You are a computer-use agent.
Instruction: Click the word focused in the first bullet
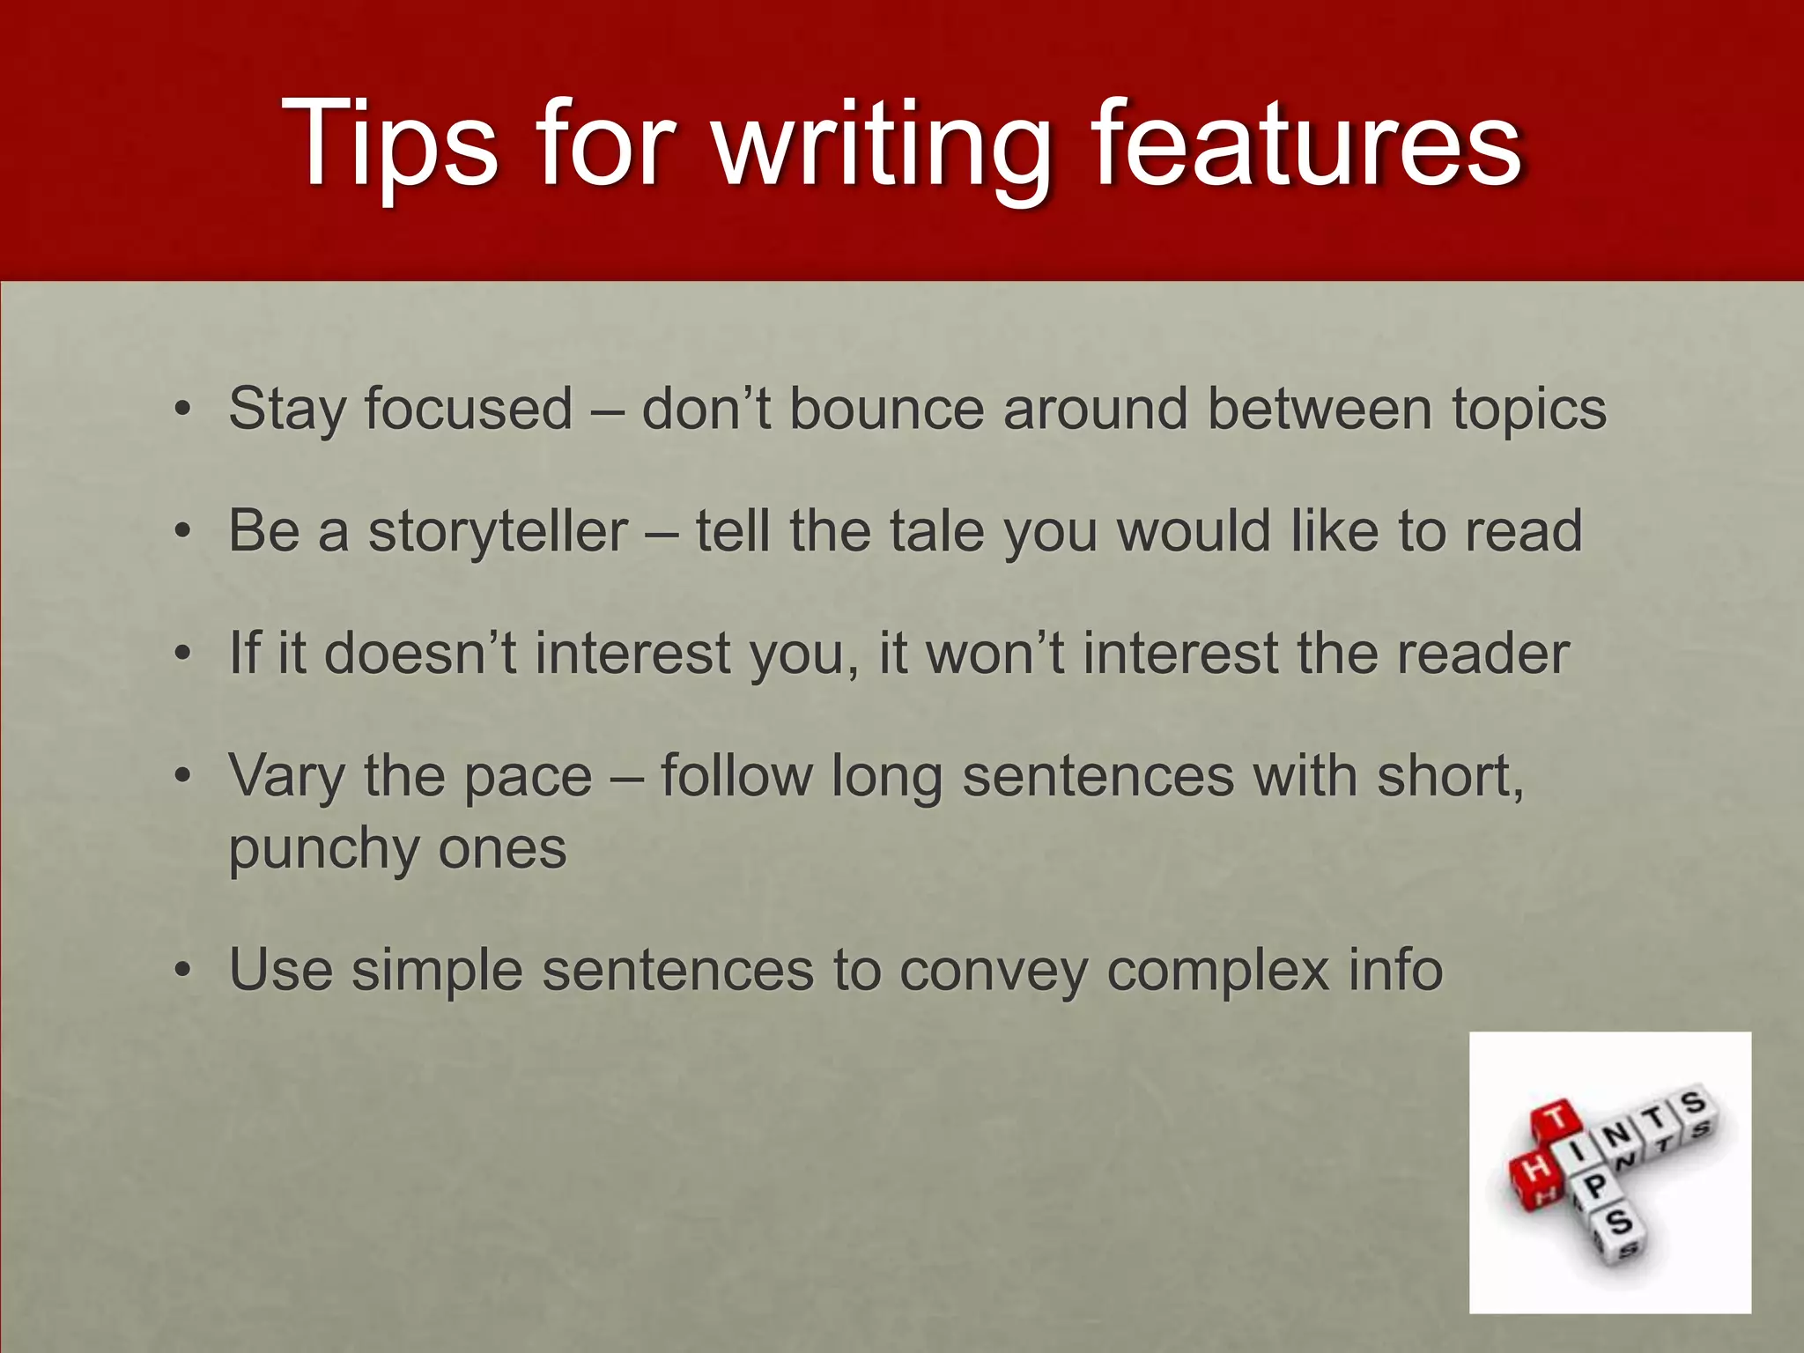pos(468,409)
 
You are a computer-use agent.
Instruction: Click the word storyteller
pos(498,532)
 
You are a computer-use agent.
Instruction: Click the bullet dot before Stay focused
pos(181,410)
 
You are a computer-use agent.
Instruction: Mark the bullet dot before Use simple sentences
pos(181,972)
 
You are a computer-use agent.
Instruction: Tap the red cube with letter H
pos(1534,1171)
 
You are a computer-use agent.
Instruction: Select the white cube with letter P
pos(1595,1188)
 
